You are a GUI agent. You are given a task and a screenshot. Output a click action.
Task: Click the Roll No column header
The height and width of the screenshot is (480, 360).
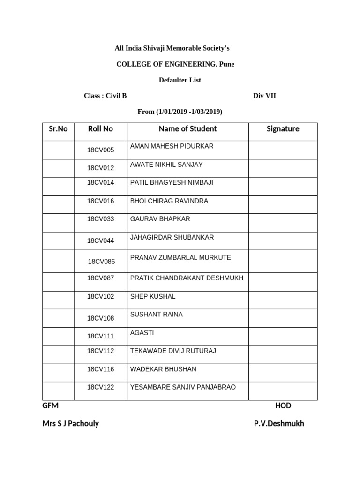click(100, 129)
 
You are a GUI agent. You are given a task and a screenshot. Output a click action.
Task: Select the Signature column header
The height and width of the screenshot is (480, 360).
click(283, 129)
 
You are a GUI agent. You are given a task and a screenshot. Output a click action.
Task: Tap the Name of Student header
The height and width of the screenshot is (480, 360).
click(187, 129)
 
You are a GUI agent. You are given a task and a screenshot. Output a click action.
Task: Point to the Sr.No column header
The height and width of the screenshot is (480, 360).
click(58, 129)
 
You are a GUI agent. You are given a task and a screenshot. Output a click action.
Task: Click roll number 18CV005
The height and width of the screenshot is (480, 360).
click(100, 150)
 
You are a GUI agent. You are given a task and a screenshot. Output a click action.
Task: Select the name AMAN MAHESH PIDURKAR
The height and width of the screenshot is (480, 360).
click(172, 146)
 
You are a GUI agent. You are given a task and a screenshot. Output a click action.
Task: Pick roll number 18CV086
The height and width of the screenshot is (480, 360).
click(101, 262)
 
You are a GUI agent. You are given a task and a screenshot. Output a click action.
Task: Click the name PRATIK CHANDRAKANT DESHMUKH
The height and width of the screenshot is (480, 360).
click(187, 278)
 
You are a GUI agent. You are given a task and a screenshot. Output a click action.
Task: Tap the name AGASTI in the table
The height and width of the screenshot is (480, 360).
click(142, 333)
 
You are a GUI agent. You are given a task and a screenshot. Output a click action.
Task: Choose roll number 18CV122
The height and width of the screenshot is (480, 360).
click(100, 387)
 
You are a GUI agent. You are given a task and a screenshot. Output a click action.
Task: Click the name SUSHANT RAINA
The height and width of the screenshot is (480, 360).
click(157, 315)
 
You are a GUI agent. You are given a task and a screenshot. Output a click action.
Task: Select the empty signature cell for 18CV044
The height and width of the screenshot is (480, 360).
click(283, 241)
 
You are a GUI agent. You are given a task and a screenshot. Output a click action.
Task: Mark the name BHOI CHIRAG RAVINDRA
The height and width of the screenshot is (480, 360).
click(169, 201)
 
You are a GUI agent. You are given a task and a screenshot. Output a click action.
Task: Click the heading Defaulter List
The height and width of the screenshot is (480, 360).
click(180, 80)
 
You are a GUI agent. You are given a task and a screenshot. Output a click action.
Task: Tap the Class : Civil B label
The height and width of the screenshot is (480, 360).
click(105, 96)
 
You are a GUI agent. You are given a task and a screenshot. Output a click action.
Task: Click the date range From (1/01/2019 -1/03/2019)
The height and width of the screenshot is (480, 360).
click(180, 112)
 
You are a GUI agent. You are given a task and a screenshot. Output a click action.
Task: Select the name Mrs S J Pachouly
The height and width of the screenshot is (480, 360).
click(71, 423)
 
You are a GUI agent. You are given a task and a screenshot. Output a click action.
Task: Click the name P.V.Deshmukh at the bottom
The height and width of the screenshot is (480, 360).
click(279, 423)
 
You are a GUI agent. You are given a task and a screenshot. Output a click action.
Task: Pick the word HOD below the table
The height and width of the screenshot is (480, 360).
click(283, 405)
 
